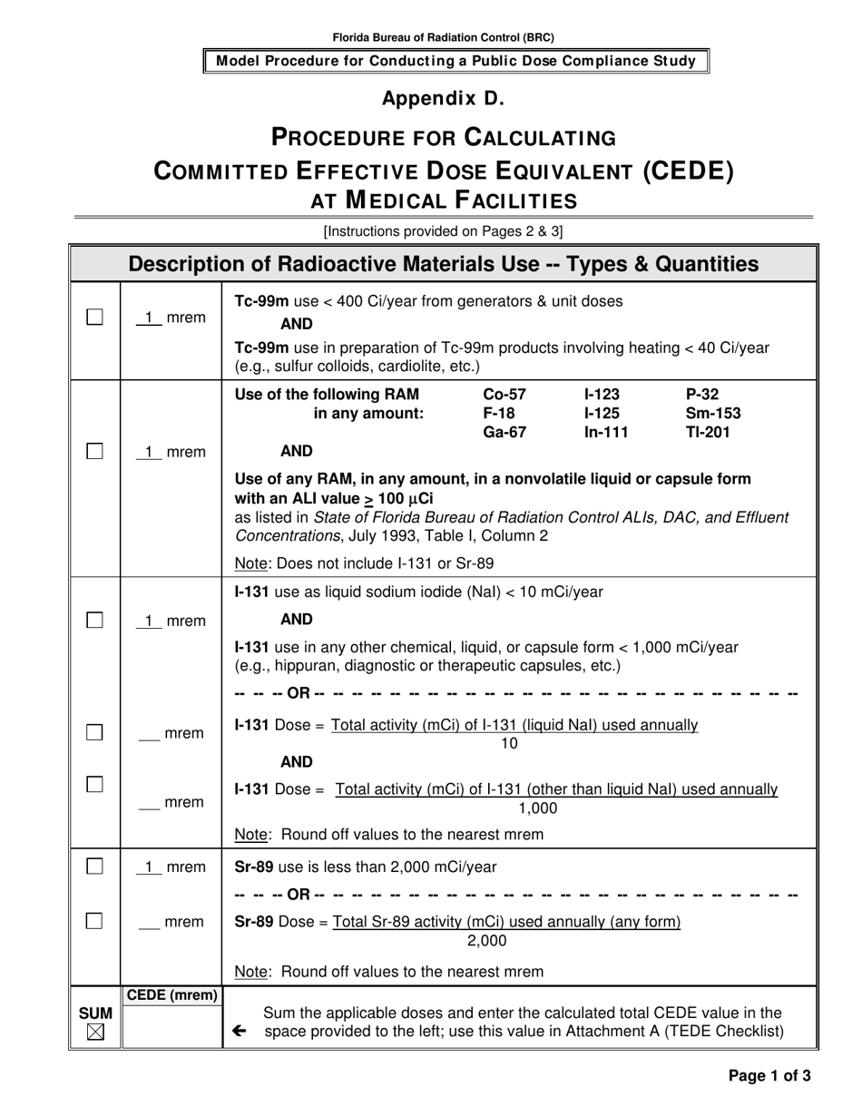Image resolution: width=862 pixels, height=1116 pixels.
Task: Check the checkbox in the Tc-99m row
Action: (94, 317)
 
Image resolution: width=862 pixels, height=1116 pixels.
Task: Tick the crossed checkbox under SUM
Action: (95, 1033)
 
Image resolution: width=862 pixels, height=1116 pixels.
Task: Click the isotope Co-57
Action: (504, 395)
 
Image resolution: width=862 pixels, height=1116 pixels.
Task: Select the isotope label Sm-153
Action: (713, 414)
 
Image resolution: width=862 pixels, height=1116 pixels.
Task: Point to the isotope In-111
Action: (606, 433)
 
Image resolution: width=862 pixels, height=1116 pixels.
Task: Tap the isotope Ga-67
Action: (504, 433)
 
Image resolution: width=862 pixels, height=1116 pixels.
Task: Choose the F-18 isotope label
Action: (498, 414)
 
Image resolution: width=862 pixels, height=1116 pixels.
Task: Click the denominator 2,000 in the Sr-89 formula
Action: (486, 941)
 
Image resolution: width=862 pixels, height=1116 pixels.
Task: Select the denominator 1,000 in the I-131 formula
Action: (538, 808)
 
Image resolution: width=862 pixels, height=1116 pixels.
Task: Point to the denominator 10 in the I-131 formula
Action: (509, 744)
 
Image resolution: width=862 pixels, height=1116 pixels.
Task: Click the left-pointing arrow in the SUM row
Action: (239, 1031)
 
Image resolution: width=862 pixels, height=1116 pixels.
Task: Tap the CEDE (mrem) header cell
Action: (171, 995)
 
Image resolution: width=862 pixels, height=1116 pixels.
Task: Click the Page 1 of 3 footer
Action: (769, 1076)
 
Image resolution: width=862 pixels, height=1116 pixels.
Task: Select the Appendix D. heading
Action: (443, 98)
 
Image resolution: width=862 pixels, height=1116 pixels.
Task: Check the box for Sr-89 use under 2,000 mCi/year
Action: (94, 866)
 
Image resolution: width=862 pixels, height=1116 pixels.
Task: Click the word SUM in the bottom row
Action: (95, 1013)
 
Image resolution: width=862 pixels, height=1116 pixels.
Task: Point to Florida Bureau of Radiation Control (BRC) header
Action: (443, 38)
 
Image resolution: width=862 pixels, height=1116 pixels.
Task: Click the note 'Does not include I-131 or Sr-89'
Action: (364, 563)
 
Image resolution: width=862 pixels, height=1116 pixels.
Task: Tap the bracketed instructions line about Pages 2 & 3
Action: (443, 231)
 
